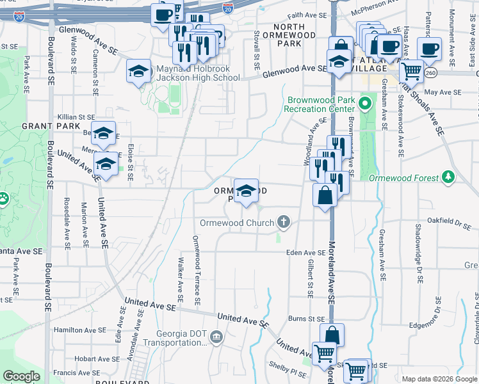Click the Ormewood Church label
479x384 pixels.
[236, 223]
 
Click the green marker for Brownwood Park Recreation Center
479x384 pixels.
[366, 102]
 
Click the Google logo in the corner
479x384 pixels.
[21, 376]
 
